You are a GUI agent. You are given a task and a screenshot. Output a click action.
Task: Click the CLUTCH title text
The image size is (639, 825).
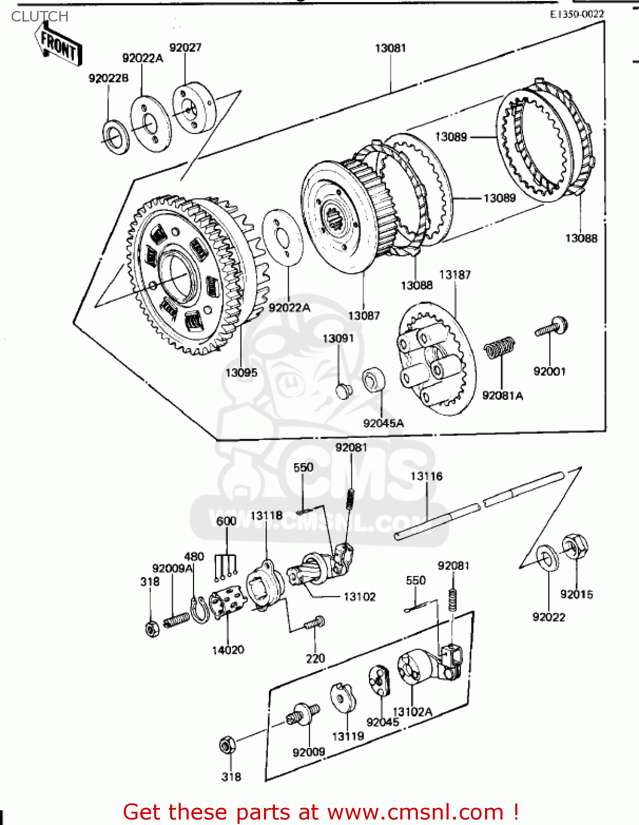pos(40,16)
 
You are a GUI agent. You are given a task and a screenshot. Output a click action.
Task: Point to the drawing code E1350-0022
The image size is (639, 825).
pos(576,14)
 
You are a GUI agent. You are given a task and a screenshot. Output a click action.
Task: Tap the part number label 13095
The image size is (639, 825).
pos(241,373)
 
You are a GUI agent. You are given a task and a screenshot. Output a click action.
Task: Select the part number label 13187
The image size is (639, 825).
pos(455,274)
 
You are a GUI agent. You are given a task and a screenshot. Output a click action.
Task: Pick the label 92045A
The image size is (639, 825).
pos(383,423)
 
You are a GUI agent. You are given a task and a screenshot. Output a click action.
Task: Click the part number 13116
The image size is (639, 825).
pos(426,476)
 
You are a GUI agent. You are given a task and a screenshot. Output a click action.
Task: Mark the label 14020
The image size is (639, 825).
pos(228,650)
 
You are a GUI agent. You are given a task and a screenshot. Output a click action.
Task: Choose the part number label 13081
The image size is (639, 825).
pos(390,48)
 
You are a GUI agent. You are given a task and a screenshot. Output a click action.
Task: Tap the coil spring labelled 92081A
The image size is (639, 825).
pos(499,348)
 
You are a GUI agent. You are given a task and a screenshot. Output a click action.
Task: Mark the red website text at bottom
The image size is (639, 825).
pos(321,812)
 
